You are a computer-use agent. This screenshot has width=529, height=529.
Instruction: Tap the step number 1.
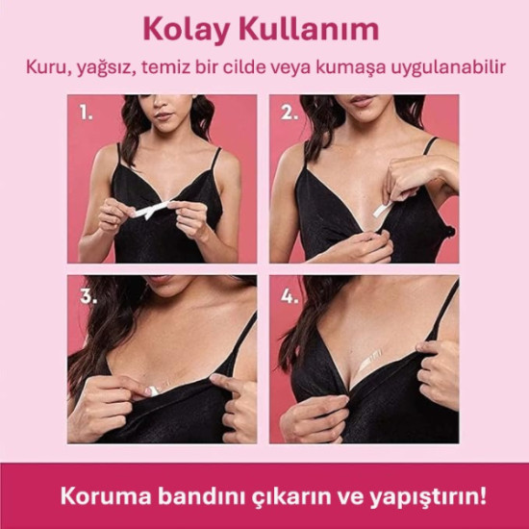tap(87, 113)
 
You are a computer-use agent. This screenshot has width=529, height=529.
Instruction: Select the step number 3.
tap(88, 295)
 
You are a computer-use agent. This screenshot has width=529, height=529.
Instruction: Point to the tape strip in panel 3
tap(156, 387)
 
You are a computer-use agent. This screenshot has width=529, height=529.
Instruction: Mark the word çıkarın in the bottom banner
tap(288, 497)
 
